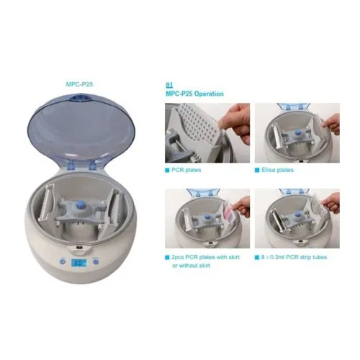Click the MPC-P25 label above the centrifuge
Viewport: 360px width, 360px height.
click(x=79, y=84)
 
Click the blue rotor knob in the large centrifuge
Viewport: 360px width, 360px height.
click(x=79, y=206)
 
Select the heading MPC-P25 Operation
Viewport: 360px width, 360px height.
click(x=194, y=94)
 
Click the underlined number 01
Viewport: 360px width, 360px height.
click(x=169, y=85)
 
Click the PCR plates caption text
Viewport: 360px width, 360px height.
click(x=186, y=170)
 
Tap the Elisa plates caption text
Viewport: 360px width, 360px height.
click(x=277, y=170)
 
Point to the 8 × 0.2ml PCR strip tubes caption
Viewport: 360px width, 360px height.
click(x=294, y=257)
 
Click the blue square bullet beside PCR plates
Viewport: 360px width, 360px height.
click(x=167, y=170)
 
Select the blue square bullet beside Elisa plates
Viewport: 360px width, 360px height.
click(x=257, y=170)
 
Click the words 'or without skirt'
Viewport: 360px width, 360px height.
click(x=191, y=266)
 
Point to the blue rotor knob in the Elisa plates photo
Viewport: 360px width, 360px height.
click(x=297, y=132)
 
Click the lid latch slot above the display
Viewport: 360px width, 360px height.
click(x=79, y=247)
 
